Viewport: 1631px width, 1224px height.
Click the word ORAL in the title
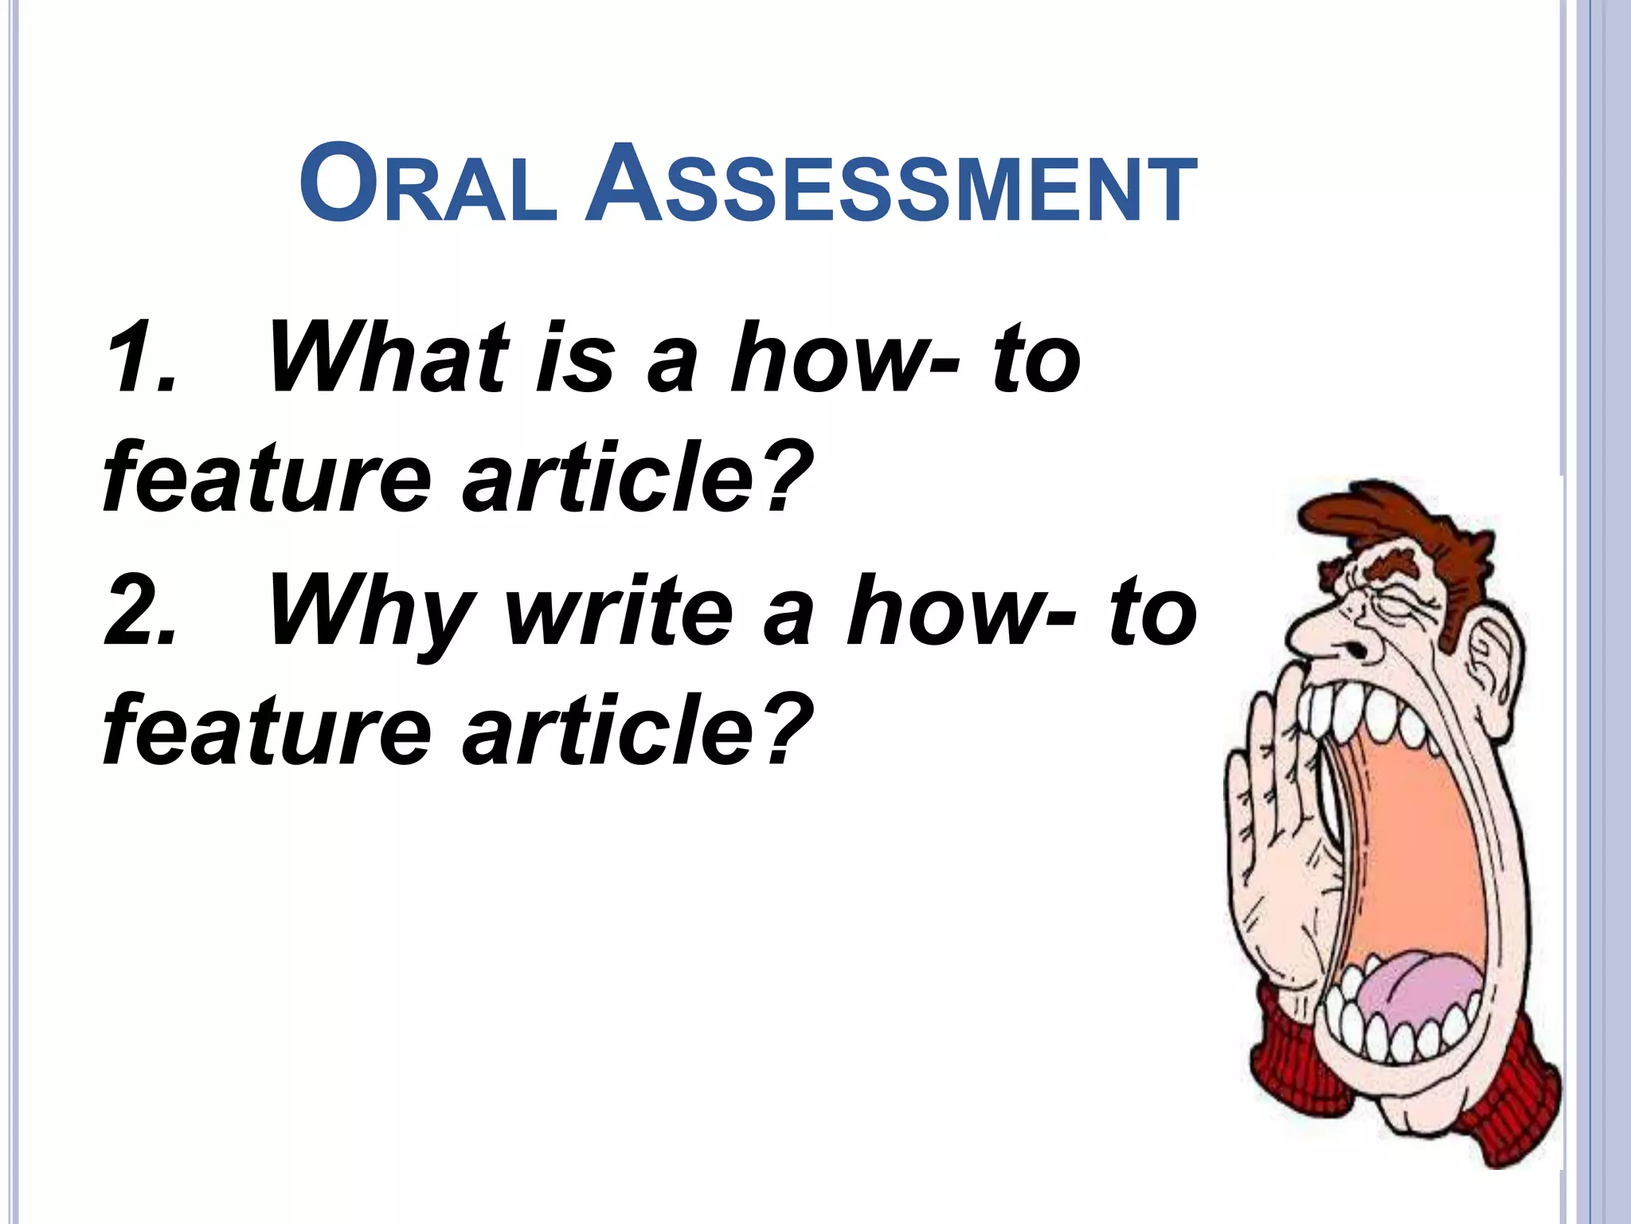(x=428, y=185)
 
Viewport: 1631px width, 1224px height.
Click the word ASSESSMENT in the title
(x=890, y=185)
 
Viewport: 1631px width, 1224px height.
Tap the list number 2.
(x=140, y=612)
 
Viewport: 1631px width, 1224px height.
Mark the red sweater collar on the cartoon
(x=1513, y=1100)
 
